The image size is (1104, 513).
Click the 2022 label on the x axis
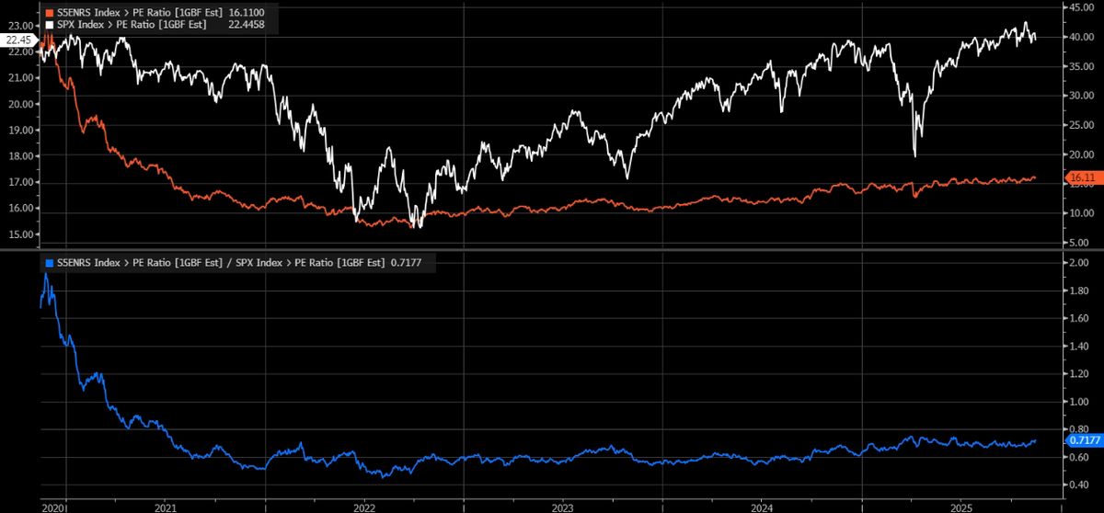pos(363,507)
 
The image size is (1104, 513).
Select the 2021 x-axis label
pos(166,507)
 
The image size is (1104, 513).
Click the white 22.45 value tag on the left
pos(18,40)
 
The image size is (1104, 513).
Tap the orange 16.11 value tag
pos(1077,177)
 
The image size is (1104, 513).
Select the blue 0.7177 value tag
pos(1080,440)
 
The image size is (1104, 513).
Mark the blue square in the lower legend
pos(48,263)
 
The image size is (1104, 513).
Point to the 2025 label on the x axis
pos(960,507)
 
